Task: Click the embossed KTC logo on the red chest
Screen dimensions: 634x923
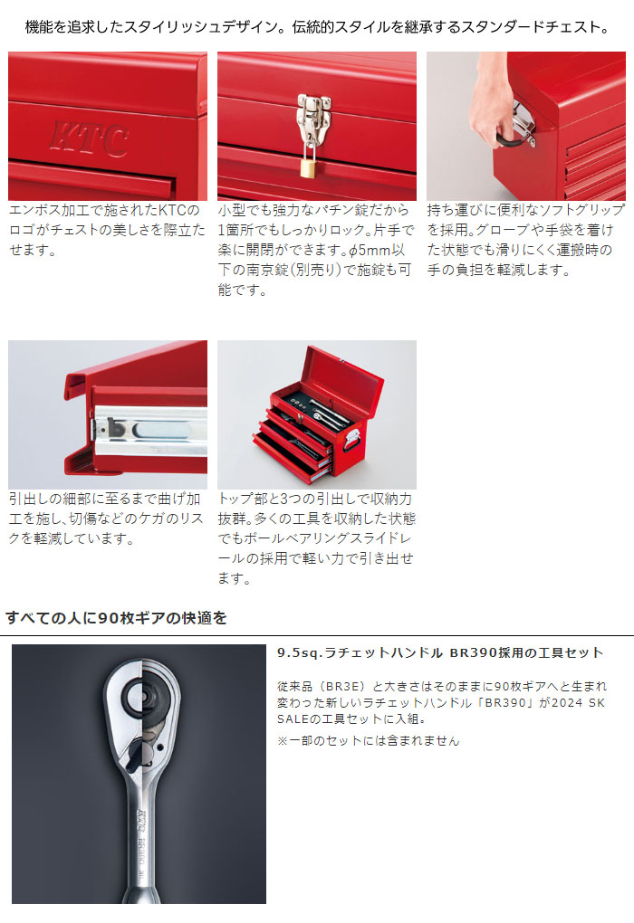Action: [x=90, y=139]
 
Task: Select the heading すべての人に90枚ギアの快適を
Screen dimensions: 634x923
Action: [x=117, y=617]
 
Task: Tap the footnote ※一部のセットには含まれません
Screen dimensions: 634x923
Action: [x=369, y=740]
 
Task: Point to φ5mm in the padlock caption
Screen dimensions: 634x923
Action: [x=370, y=250]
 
